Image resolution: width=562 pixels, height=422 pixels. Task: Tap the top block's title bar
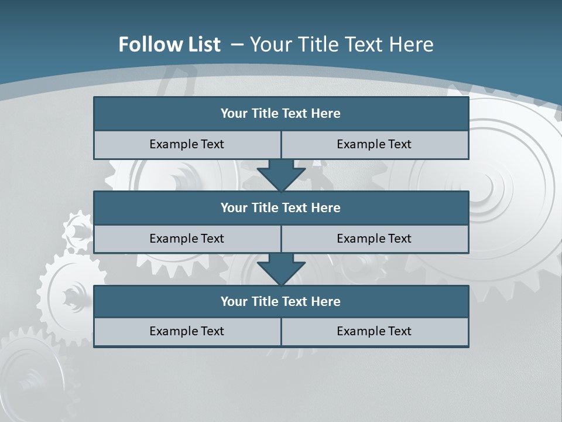click(281, 114)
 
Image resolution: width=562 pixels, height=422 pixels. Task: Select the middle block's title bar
click(281, 207)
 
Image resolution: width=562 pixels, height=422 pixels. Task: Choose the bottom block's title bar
click(281, 301)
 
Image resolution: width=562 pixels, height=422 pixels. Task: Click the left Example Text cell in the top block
click(187, 144)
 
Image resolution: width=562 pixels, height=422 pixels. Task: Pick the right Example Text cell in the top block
click(375, 144)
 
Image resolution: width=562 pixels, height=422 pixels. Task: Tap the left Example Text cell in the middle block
click(187, 239)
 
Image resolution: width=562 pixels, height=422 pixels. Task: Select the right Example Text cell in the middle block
click(375, 239)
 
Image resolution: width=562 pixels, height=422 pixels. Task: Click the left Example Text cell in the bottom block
click(187, 331)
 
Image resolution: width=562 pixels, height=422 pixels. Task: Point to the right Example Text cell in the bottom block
click(375, 331)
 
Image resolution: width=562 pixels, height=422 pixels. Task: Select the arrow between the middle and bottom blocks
click(281, 268)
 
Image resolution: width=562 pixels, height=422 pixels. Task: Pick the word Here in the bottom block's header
click(326, 301)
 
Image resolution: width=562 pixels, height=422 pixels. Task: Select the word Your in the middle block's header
click(234, 207)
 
